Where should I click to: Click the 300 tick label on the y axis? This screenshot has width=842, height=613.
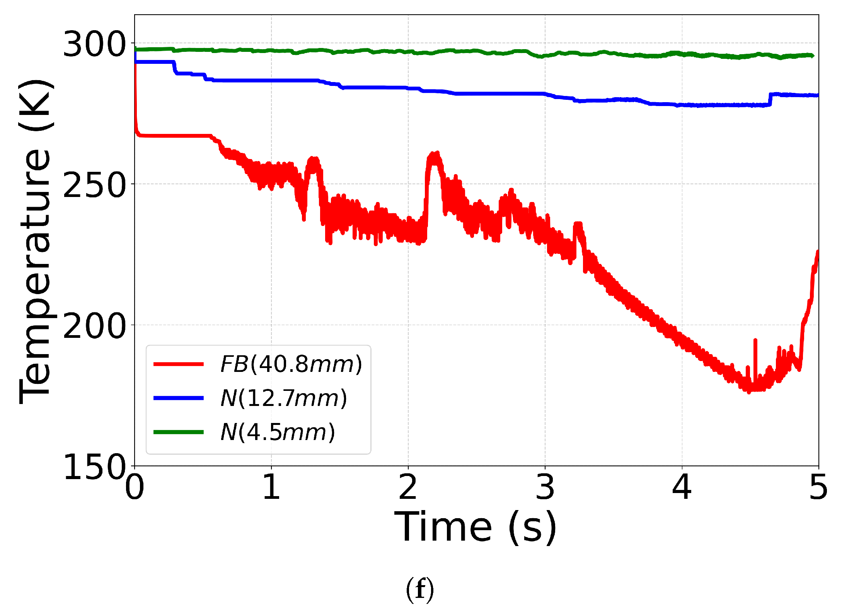pos(94,44)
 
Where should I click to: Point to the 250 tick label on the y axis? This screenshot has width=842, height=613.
pos(94,185)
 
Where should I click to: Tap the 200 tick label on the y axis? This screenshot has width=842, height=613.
pos(94,326)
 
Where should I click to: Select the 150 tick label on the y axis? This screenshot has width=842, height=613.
pos(94,467)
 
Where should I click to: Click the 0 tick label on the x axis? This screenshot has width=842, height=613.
pos(135,487)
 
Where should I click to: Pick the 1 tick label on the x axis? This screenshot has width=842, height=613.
pos(271,487)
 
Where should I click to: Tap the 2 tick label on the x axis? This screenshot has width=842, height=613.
pos(408,487)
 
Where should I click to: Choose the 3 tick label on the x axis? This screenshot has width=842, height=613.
pos(545,487)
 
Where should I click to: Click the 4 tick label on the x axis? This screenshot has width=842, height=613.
pos(682,487)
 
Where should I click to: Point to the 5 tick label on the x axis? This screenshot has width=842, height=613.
pos(818,487)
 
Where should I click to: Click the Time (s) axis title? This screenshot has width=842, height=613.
pos(476,527)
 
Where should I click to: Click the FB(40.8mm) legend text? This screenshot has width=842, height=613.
pos(291,364)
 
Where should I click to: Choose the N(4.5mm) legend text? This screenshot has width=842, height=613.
pos(278,432)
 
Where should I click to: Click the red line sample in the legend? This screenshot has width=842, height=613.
pos(179,364)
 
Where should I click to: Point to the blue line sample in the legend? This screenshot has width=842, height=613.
pos(179,398)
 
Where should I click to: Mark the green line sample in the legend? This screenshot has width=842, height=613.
pos(179,432)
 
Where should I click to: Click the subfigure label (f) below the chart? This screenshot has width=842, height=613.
pos(420,590)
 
